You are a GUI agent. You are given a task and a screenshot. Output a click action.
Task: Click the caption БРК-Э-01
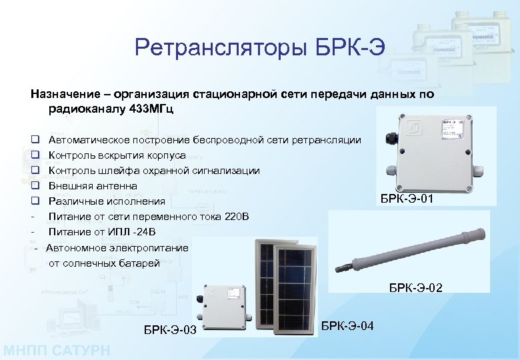point(411,198)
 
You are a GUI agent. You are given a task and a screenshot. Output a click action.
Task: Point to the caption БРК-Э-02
point(415,288)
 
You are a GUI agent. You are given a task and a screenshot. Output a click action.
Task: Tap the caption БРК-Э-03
point(170,329)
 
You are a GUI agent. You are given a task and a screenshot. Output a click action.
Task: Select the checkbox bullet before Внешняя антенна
point(33,186)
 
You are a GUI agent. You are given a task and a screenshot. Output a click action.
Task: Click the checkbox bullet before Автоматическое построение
point(33,140)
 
